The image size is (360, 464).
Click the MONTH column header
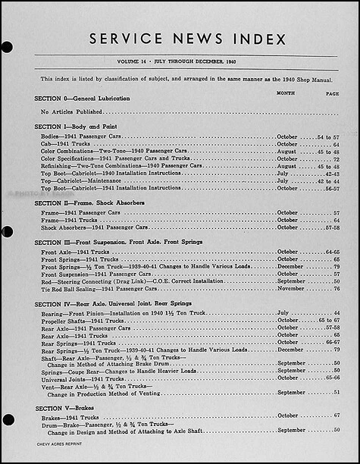[x=286, y=92]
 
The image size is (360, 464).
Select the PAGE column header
[x=332, y=92]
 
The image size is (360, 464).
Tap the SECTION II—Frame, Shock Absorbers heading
[x=89, y=202]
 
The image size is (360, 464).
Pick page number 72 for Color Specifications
[x=336, y=158]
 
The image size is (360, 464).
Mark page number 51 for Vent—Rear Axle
[x=336, y=392]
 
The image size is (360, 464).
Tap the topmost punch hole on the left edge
[x=6, y=48]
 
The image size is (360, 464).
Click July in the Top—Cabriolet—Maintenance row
[x=283, y=180]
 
